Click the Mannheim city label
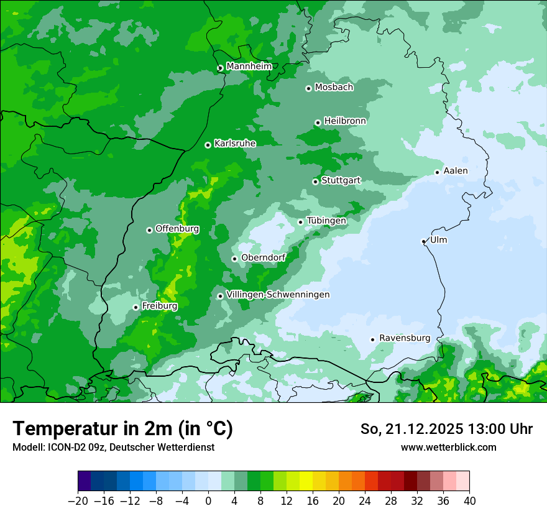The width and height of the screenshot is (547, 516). tap(249, 67)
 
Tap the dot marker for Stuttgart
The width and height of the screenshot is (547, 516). tap(315, 182)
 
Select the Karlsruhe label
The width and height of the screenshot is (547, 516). tap(234, 144)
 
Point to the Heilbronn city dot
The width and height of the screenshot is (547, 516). tap(318, 122)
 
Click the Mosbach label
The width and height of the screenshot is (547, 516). tap(334, 88)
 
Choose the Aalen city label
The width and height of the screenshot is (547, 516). tap(455, 171)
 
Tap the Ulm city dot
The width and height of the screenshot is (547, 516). tap(423, 241)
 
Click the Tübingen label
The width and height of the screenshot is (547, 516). tap(326, 221)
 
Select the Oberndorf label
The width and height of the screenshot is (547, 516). tap(263, 257)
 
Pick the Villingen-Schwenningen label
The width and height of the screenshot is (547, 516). tap(278, 295)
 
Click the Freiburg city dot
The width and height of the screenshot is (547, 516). tap(136, 307)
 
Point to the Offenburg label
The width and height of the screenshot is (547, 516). tap(177, 229)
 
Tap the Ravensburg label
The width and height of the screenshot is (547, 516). tap(404, 338)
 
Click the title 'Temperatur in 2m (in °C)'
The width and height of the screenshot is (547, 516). tap(122, 429)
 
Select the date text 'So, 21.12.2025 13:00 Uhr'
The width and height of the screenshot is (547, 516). tap(446, 429)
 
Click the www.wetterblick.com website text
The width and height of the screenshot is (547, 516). tap(448, 448)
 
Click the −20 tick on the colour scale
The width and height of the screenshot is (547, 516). tap(78, 501)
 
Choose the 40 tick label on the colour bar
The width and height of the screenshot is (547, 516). tap(469, 501)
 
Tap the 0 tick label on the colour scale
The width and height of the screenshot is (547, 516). tap(208, 501)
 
